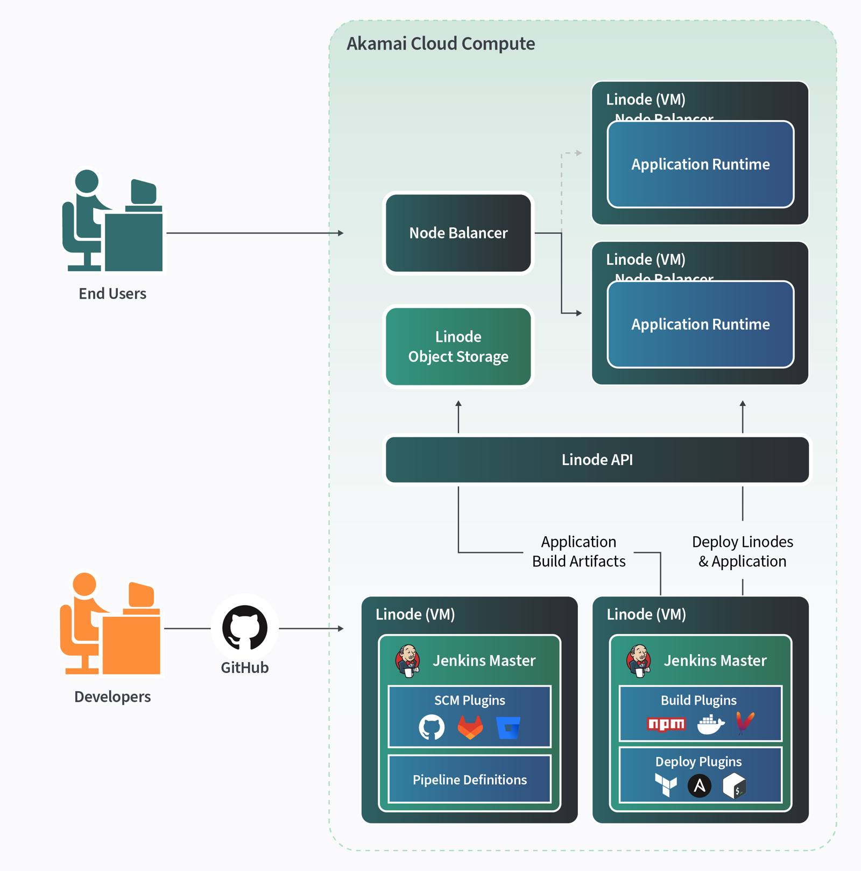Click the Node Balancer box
458,233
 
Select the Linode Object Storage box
458,346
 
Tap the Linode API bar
597,459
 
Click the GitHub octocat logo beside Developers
245,628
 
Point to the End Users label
112,293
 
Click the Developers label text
112,696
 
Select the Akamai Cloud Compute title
440,44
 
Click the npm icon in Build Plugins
666,724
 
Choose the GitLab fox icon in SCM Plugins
470,727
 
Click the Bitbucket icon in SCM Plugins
508,728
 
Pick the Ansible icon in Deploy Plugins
699,786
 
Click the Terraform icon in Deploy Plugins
666,785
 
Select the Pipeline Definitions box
469,779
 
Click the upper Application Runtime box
700,164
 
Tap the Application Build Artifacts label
578,551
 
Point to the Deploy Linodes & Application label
742,551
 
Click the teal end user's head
87,181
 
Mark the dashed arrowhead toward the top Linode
578,153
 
